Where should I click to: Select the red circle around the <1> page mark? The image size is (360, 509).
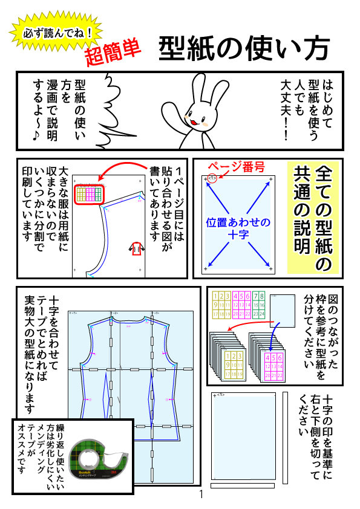click(212, 178)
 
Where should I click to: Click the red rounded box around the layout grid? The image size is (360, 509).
click(90, 193)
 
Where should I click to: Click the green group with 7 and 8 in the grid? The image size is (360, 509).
click(258, 306)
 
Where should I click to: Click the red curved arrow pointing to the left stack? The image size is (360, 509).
click(242, 326)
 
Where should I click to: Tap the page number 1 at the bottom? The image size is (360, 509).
click(201, 495)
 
